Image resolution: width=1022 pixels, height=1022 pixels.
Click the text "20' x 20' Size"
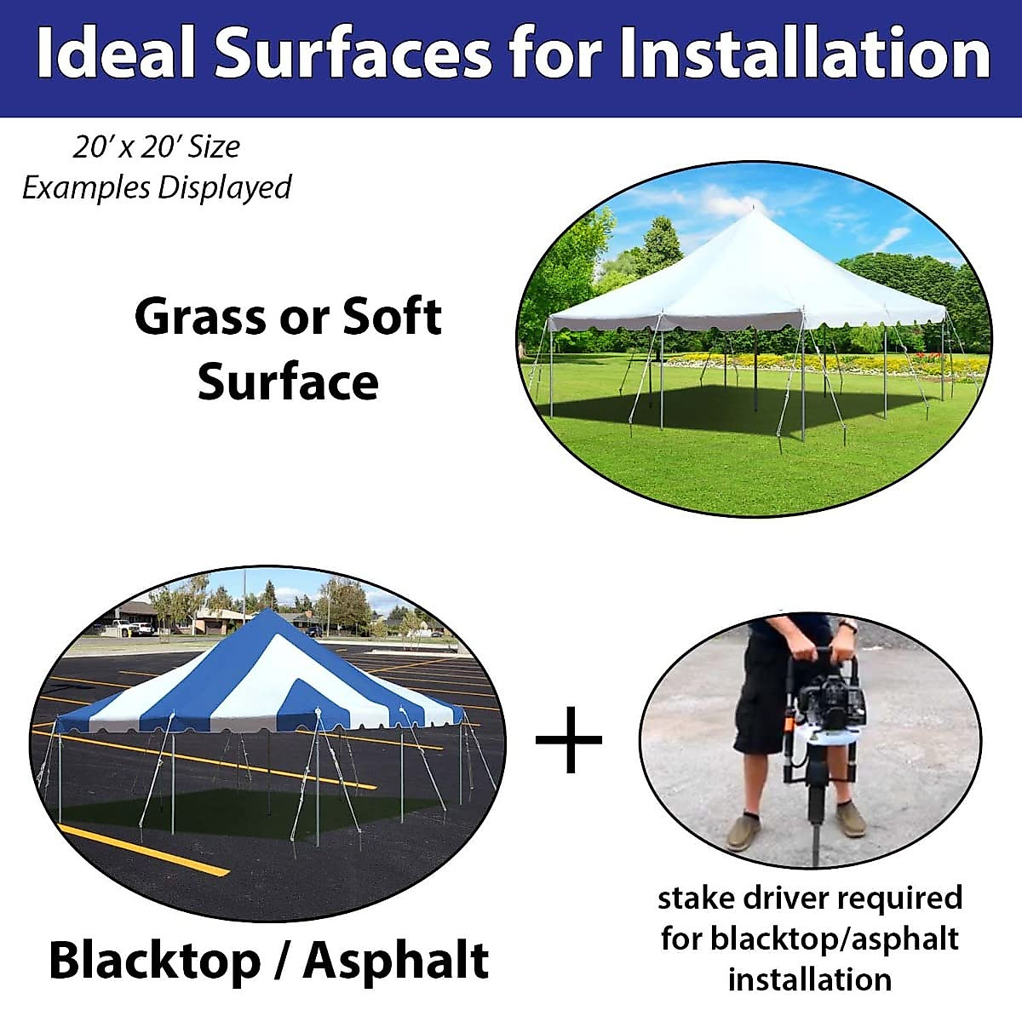click(156, 146)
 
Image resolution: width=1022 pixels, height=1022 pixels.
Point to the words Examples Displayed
click(156, 187)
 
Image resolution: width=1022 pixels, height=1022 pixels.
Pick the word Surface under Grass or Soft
click(288, 382)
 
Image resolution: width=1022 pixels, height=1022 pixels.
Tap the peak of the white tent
click(753, 210)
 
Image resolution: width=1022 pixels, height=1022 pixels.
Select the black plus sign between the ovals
click(568, 739)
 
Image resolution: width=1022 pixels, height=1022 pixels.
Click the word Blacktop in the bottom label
click(155, 960)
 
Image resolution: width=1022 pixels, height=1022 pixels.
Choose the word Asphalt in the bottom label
click(396, 960)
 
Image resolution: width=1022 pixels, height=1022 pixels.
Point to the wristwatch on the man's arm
click(847, 625)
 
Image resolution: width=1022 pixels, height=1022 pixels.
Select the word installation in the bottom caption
click(809, 979)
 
